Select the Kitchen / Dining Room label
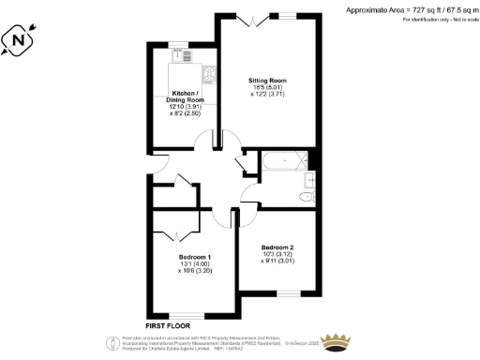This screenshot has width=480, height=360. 183,97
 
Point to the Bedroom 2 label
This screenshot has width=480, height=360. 277,247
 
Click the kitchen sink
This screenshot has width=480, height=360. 185,55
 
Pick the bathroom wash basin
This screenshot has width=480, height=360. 312,175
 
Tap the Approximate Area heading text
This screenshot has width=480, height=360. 410,9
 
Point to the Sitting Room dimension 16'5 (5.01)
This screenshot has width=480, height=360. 265,87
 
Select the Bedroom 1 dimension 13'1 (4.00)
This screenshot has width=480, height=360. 194,264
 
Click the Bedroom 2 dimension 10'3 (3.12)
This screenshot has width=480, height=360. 277,255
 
